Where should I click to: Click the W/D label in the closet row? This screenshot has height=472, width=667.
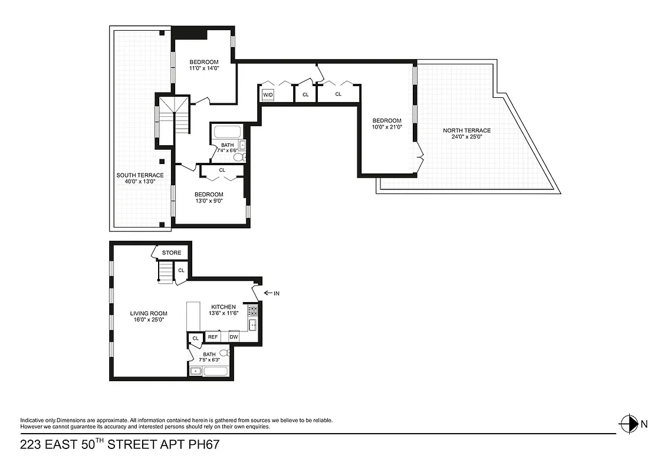[268, 94]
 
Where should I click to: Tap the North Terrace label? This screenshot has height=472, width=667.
[466, 130]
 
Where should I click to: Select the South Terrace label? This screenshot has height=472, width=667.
[140, 175]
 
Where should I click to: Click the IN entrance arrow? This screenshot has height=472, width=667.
[271, 293]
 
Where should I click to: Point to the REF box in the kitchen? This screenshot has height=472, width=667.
[213, 337]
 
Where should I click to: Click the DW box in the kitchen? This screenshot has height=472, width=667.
[234, 337]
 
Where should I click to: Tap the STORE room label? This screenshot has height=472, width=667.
[172, 253]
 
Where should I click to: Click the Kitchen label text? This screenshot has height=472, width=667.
[224, 307]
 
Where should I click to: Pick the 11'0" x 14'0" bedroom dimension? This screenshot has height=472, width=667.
[203, 68]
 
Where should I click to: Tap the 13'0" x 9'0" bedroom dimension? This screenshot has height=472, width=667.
[209, 201]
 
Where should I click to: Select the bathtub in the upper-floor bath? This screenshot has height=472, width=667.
[226, 132]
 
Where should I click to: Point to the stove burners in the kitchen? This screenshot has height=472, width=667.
[252, 310]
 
